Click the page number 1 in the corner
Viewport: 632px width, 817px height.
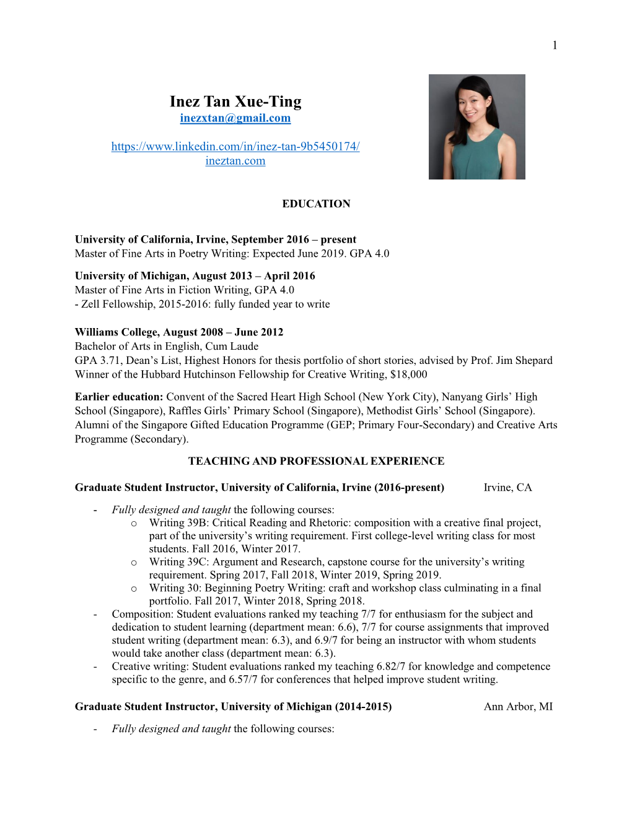point(555,45)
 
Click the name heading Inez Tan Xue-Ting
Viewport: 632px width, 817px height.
point(235,102)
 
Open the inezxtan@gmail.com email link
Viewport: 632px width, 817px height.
point(235,118)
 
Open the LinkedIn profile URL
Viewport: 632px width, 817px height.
point(235,147)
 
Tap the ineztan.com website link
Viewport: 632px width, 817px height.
point(235,161)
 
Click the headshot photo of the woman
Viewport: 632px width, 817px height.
point(476,127)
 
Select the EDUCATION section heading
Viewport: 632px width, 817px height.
point(316,204)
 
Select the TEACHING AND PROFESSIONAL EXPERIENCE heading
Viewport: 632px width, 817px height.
point(316,461)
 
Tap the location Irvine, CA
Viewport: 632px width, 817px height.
point(507,488)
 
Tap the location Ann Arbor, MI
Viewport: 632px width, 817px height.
point(518,707)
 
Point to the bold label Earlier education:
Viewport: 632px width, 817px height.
point(119,397)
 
